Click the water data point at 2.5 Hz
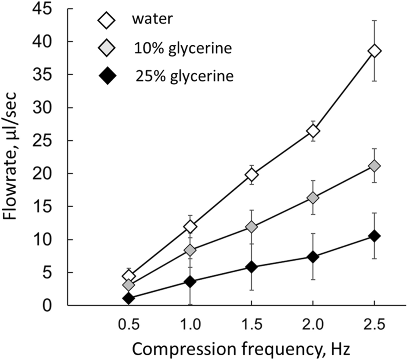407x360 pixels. pos(375,51)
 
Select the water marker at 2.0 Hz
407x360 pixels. pos(313,131)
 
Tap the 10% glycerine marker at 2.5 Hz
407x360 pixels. pos(375,166)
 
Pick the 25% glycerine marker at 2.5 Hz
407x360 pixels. pos(375,236)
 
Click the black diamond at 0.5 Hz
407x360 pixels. pos(129,298)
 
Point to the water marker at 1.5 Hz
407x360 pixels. pos(252,175)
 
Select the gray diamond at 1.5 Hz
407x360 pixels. pos(252,227)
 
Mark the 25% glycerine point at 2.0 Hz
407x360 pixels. pos(313,257)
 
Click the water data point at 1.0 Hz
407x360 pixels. pos(190,226)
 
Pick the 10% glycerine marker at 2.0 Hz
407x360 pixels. pos(313,198)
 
